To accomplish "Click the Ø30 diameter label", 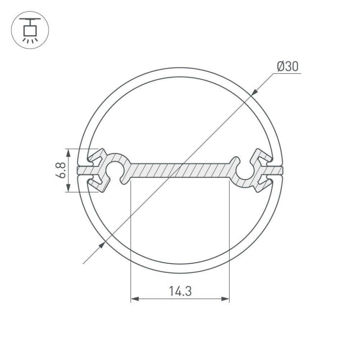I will coord(287,66).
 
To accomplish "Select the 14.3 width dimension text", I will coord(180,291).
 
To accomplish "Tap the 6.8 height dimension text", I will coord(61,170).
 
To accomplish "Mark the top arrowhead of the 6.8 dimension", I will coord(68,152).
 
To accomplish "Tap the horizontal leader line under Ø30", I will coord(287,73).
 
